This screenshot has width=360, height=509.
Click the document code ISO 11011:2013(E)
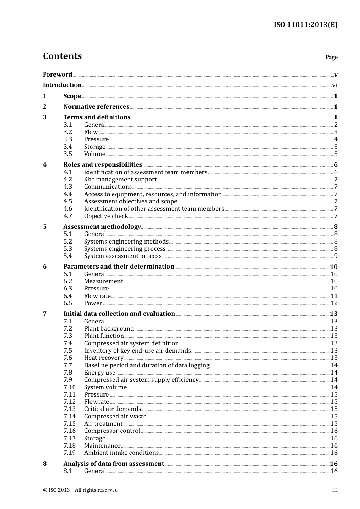pos(305,25)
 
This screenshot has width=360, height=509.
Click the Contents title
pos(62,56)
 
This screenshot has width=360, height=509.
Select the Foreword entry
pos(57,75)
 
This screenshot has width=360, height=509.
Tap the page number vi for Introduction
pos(335,85)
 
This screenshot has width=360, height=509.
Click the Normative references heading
pos(96,107)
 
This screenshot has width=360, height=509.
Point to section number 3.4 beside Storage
pos(68,147)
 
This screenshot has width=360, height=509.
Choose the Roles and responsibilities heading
pos(103,165)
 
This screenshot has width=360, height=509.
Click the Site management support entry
pos(120,180)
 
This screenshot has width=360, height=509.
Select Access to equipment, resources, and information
pos(153,194)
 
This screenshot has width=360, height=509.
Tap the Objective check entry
pos(106,216)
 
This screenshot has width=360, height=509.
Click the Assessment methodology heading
pos(102,227)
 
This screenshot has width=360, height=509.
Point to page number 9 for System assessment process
pos(336,256)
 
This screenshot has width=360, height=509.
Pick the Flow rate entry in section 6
pos(97,296)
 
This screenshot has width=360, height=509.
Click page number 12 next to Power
pos(334,303)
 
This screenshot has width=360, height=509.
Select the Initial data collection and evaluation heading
pos(119,314)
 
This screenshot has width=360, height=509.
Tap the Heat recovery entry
pos(103,358)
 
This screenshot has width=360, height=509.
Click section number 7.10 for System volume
pos(69,387)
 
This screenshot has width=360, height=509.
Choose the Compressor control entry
pos(112,431)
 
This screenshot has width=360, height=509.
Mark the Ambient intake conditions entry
pos(121,453)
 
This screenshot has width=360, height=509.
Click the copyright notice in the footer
pos(80,490)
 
